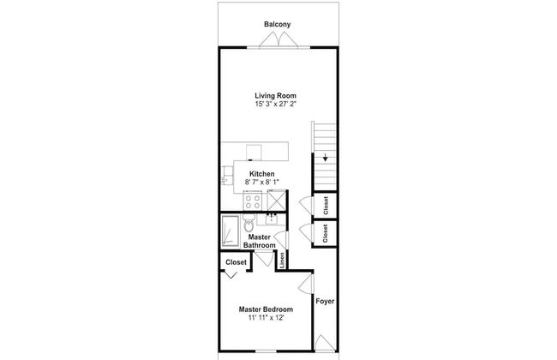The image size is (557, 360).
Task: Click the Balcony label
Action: click(277, 24)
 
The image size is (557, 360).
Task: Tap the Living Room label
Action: click(275, 96)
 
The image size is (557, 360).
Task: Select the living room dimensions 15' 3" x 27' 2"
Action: click(275, 104)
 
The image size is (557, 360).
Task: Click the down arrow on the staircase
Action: click(325, 158)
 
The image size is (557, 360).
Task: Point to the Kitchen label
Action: click(262, 174)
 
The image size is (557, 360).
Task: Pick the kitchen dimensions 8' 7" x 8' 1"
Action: click(262, 182)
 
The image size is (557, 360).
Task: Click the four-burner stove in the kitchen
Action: click(252, 201)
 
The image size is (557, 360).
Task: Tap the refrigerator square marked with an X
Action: click(277, 200)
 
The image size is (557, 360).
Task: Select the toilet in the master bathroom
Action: click(249, 223)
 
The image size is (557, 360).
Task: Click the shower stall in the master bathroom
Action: click(231, 231)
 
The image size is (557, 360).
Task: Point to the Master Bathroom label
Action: click(260, 241)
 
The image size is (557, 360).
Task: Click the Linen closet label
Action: click(282, 260)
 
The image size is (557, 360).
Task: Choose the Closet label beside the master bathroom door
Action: click(236, 262)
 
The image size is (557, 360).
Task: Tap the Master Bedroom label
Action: click(266, 309)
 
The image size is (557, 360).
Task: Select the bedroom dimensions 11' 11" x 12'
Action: click(266, 318)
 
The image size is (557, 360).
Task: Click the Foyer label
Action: click(325, 301)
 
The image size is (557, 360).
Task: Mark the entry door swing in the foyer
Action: click(325, 344)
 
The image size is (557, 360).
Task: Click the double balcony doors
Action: click(278, 39)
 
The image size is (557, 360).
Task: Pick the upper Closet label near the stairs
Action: click(326, 206)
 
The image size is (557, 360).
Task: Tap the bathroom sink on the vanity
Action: click(272, 219)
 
